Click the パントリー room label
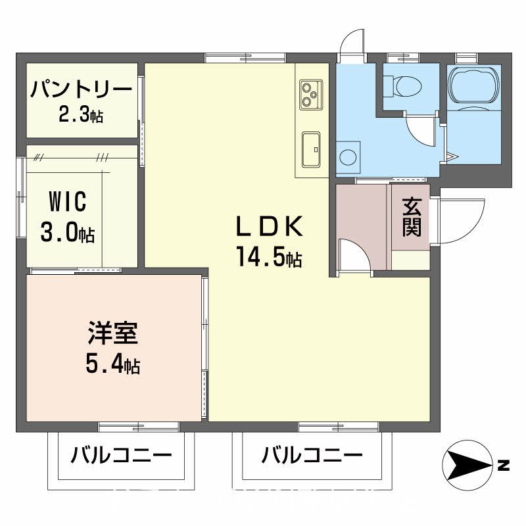[82, 89]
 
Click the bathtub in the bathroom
[474, 85]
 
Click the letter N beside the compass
[504, 467]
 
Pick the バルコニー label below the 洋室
[122, 455]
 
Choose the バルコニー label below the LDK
[312, 455]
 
